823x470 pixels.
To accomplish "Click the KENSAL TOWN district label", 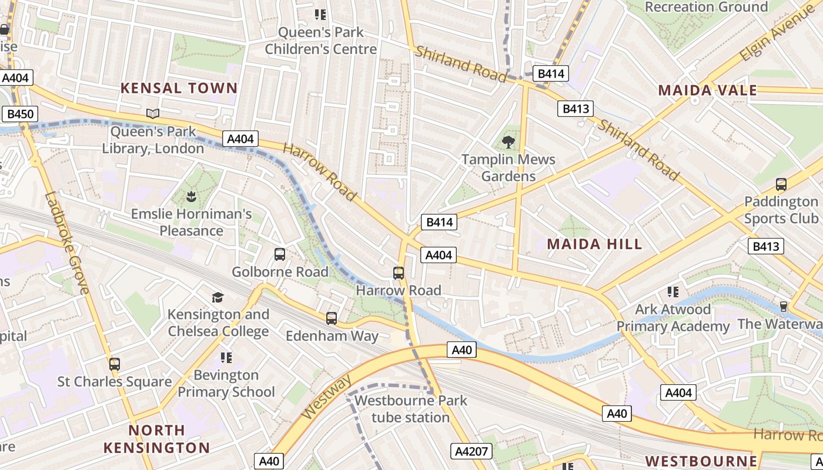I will (179, 88).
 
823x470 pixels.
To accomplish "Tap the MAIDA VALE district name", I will (707, 90).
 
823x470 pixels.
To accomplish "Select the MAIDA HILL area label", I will (594, 244).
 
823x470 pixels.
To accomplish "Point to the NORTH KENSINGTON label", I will (156, 438).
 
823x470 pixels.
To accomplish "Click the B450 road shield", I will (19, 114).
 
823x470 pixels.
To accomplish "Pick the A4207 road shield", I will (471, 451).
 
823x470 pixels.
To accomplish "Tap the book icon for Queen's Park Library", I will (153, 113).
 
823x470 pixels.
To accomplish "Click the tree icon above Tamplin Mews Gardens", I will (508, 142).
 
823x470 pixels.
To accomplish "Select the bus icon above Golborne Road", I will (280, 254).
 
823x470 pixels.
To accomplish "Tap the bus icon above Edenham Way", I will (332, 318).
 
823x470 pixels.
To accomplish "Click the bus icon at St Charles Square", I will (115, 364).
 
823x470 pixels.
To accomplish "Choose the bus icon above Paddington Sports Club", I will (781, 184).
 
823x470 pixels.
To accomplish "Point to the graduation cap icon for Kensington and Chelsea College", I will (218, 297).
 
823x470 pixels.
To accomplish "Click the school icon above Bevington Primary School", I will (226, 358).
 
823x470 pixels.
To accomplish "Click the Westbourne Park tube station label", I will (411, 409).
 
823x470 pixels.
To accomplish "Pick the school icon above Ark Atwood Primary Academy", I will (673, 292).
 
